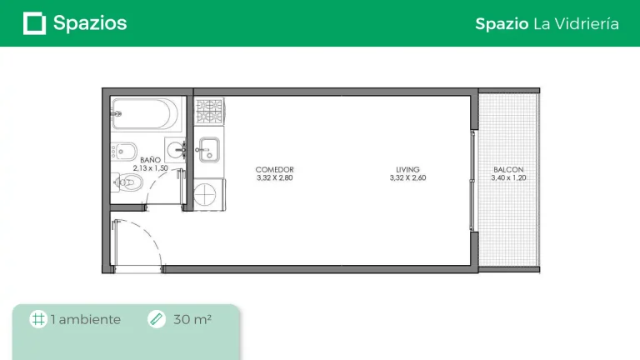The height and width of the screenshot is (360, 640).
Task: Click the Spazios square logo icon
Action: click(x=34, y=23)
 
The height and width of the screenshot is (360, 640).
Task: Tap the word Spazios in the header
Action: click(x=90, y=23)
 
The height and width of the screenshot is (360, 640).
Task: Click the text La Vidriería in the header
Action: click(x=576, y=23)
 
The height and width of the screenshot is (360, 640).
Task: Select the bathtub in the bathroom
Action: click(x=146, y=114)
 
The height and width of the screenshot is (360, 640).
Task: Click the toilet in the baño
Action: click(x=127, y=182)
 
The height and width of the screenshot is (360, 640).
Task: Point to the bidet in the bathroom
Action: click(x=123, y=152)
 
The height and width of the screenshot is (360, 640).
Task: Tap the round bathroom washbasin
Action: click(x=176, y=150)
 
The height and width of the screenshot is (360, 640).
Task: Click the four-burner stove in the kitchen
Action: click(x=209, y=112)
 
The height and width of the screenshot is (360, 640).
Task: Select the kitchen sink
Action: click(x=208, y=150)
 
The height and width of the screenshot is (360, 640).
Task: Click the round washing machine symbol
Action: click(x=205, y=195)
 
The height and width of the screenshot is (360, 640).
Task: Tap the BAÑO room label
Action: click(x=150, y=160)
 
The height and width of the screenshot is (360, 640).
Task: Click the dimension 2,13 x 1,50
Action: click(x=150, y=168)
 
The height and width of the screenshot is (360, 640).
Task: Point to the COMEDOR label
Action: click(x=275, y=169)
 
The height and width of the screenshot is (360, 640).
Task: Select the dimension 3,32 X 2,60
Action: click(x=407, y=177)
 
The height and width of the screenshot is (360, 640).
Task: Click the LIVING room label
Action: click(x=407, y=169)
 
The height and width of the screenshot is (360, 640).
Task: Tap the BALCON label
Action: click(x=508, y=169)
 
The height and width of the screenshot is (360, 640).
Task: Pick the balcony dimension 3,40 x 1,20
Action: click(x=508, y=177)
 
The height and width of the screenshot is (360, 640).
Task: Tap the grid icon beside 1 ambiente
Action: click(x=38, y=319)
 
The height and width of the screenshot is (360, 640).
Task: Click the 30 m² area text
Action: click(x=192, y=319)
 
